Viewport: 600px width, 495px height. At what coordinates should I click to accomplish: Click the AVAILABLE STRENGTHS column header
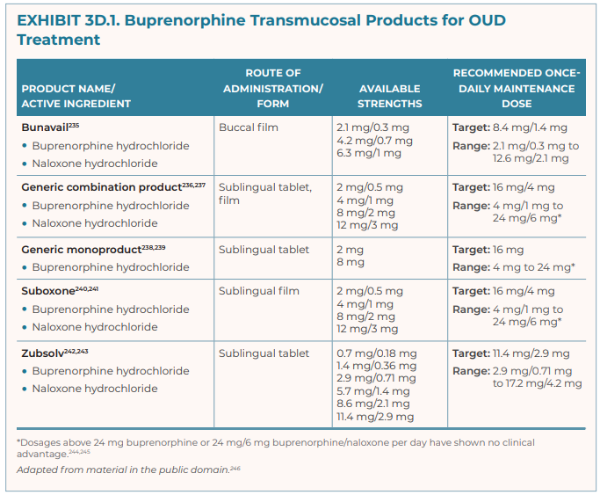pos(389,96)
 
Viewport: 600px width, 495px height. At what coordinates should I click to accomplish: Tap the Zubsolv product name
pos(41,353)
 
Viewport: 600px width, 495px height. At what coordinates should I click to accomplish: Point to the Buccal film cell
pos(249,127)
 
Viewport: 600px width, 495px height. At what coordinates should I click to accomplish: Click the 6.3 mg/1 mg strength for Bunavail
pos(369,152)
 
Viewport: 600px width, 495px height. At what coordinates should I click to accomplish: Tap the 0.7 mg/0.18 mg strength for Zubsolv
pos(377,353)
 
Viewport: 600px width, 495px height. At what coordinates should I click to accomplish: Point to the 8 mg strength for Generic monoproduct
pos(350,262)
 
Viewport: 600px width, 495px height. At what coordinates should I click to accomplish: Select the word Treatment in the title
pos(58,40)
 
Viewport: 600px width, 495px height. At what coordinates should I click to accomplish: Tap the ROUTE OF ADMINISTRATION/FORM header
pos(272,88)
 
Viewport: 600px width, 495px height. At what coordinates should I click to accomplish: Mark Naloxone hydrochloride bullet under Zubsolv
pos(95,389)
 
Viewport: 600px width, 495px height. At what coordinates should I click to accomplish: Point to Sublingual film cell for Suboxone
pos(258,291)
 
